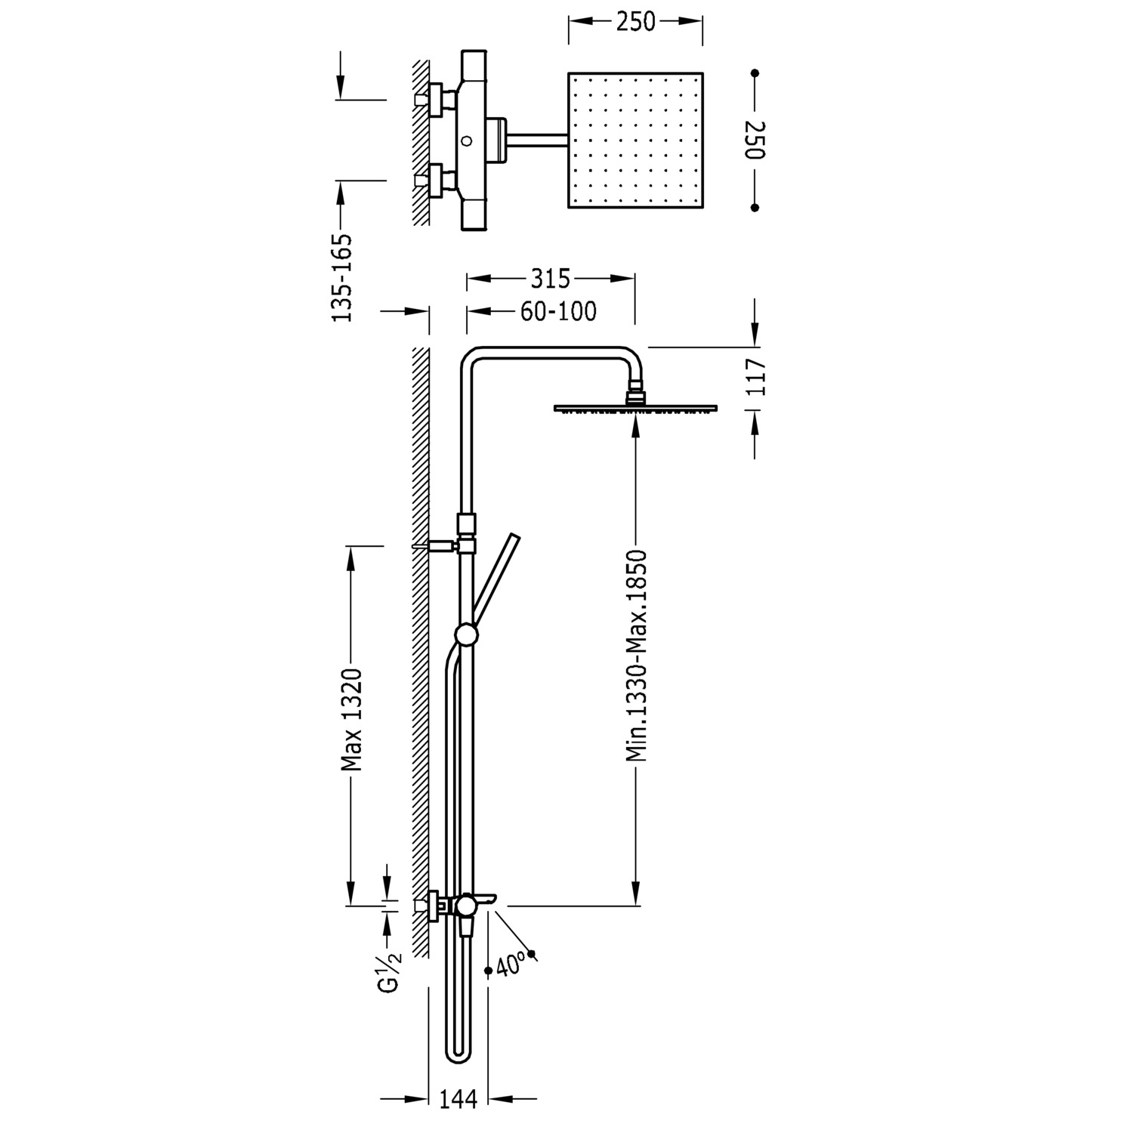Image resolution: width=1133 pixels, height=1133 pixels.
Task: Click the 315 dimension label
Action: click(x=550, y=279)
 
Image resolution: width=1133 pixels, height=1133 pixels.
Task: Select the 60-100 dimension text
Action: click(x=558, y=311)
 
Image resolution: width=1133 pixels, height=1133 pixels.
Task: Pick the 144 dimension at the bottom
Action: click(x=458, y=1100)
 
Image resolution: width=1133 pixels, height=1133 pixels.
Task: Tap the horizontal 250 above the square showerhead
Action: click(x=634, y=22)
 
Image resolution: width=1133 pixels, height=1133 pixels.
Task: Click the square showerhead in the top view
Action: click(x=634, y=140)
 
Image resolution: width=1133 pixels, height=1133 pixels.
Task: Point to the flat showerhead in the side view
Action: click(x=635, y=409)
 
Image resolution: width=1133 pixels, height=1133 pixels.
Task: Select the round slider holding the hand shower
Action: click(x=466, y=634)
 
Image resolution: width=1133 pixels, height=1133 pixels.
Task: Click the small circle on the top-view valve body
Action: click(x=467, y=140)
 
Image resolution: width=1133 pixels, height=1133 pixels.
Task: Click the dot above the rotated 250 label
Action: click(x=755, y=73)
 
